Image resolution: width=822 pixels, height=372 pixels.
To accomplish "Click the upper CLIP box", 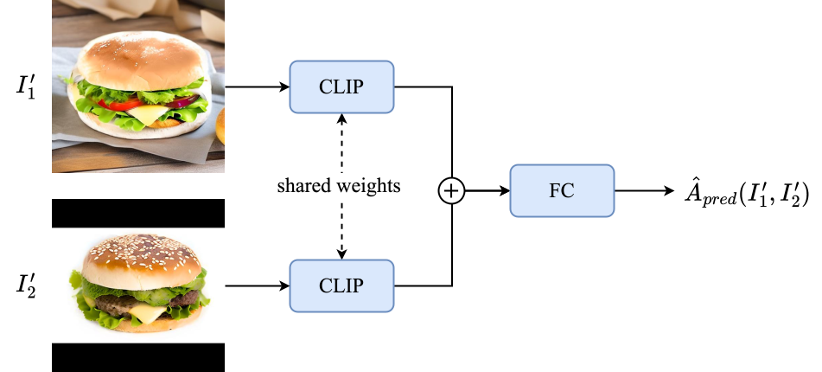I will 341,87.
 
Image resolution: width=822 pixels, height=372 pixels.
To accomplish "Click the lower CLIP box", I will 341,285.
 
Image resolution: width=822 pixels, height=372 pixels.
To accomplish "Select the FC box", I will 562,190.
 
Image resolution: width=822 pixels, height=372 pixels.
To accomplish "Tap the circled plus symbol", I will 451,190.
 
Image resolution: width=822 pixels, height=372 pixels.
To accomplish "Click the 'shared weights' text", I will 339,186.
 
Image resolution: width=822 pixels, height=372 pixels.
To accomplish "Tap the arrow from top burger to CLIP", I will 256,87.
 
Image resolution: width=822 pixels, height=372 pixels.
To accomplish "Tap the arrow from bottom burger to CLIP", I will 256,285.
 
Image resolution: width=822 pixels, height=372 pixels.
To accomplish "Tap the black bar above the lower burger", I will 138,213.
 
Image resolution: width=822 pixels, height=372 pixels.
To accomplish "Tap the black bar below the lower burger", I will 138,357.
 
